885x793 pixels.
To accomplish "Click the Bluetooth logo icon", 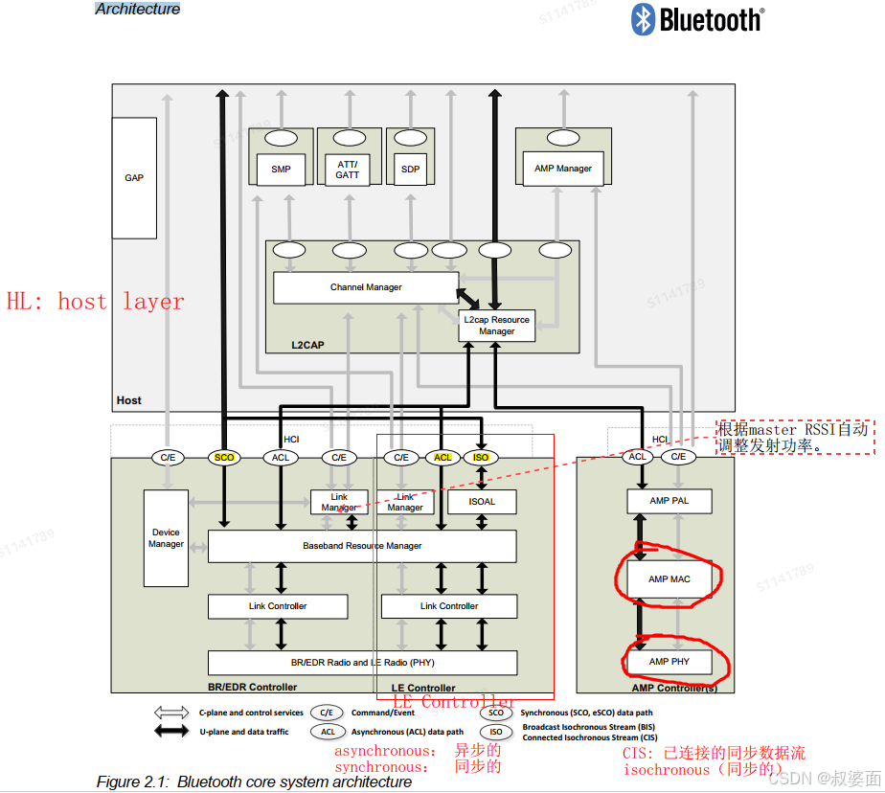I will [x=642, y=19].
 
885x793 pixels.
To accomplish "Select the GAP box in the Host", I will [x=134, y=178].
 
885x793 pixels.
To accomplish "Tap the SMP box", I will [x=281, y=170].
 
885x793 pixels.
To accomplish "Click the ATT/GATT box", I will [x=348, y=170].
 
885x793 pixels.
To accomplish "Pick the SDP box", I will [x=411, y=170].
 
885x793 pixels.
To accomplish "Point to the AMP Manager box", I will [x=563, y=169].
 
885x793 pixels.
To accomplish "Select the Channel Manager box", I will [x=366, y=287].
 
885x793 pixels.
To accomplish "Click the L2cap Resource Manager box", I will [x=496, y=326].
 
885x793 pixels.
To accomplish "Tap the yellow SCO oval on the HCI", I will [x=224, y=458].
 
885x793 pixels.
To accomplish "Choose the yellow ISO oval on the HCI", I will [x=481, y=458].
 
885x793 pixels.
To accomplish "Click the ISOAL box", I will [x=482, y=501].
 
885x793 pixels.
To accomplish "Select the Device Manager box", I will [x=166, y=538].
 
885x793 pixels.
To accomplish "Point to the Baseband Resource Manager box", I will [x=362, y=546].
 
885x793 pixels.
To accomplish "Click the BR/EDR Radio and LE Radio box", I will [x=362, y=663].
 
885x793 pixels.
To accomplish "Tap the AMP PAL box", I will [x=669, y=501].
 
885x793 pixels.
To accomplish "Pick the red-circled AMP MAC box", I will [x=669, y=578].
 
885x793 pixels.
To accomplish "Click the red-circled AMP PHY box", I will [x=669, y=662].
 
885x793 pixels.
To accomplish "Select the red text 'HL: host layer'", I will [x=96, y=302].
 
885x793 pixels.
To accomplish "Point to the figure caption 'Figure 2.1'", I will [x=254, y=782].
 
